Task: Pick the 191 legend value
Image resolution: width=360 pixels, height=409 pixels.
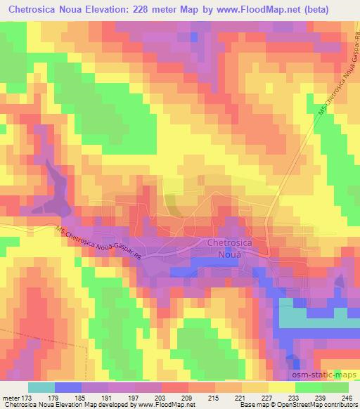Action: (x=112, y=397)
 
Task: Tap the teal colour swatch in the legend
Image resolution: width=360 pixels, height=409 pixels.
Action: (x=41, y=387)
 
